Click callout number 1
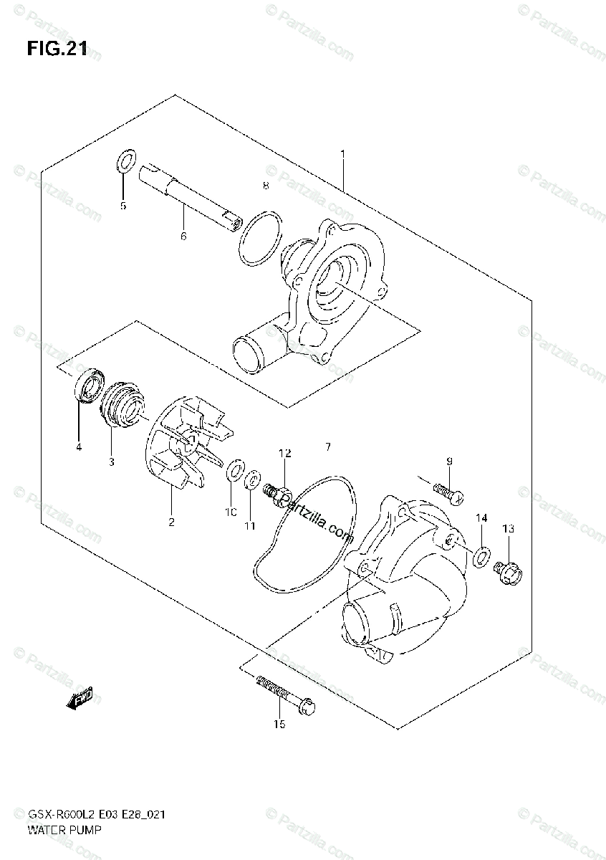[x=343, y=155]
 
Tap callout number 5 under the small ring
[x=122, y=206]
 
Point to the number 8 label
[x=265, y=186]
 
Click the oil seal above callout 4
[x=89, y=386]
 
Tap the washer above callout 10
[x=233, y=472]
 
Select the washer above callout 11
[x=252, y=480]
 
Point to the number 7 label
[x=327, y=447]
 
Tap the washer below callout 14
[x=483, y=553]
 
